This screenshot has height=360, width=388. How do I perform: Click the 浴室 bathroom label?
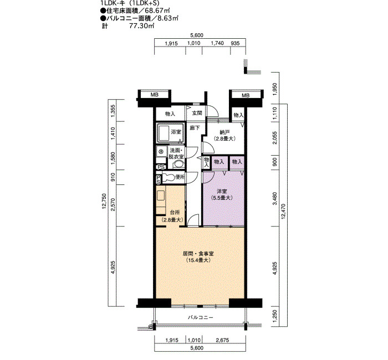176,132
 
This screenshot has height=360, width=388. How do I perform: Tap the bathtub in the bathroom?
164,133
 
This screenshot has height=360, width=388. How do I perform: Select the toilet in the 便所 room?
168,178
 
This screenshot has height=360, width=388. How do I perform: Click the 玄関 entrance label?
197,113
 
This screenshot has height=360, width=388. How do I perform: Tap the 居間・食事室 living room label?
198,254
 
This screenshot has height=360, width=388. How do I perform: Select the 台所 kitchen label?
175,212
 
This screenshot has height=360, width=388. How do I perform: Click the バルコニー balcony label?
201,317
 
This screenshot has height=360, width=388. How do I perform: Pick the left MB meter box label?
155,95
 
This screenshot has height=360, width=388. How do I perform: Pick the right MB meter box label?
246,95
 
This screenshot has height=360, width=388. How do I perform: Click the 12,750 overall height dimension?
104,202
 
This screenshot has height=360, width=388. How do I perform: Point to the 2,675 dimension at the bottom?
222,341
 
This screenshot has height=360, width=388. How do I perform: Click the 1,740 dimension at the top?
217,43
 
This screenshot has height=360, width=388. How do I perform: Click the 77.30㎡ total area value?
142,26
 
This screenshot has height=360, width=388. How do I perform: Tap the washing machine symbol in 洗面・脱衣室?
161,151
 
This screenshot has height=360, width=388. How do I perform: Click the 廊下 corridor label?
195,128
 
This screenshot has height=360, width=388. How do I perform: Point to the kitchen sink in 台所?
161,196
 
